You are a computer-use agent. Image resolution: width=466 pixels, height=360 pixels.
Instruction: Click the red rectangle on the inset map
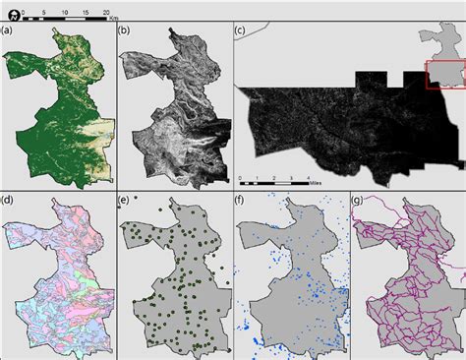coord(444,75)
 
